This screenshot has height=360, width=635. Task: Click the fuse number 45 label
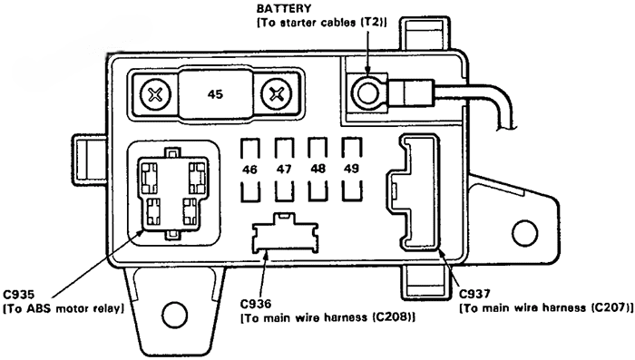coord(215,94)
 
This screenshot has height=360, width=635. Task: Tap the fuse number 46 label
coord(249,170)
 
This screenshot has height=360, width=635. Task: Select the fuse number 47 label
coord(284,169)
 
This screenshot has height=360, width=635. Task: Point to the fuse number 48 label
coord(317,168)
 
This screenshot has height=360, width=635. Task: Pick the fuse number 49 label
coord(351,168)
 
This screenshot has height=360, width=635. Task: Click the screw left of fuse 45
coord(155,95)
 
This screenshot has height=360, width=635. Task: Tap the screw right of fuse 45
coord(277,95)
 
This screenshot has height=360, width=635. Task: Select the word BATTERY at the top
coord(284,8)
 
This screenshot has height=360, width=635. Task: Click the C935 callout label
coord(19,295)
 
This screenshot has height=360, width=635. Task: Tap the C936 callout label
coord(256,304)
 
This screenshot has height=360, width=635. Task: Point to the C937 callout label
coord(474,294)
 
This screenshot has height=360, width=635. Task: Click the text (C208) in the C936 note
coord(394,317)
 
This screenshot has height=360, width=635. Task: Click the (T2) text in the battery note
coord(374,23)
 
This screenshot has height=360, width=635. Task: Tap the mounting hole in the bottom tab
coord(175,314)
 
